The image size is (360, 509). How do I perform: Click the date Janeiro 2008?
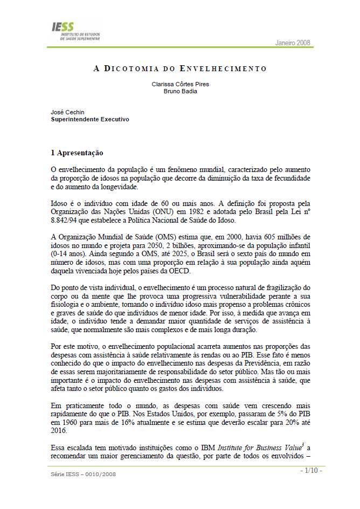(x=293, y=43)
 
